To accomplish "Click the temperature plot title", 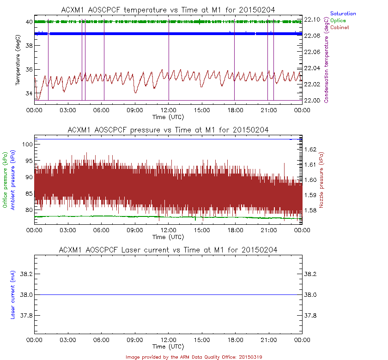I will pos(168,10).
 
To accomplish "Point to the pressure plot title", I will pos(168,130).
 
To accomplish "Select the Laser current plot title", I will pos(168,250).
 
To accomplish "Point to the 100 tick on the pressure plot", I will pos(26,144).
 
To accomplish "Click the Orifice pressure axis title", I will pos(6,180).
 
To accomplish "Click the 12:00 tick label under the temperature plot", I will pos(168,110).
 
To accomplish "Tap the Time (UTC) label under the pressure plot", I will pos(168,237).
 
